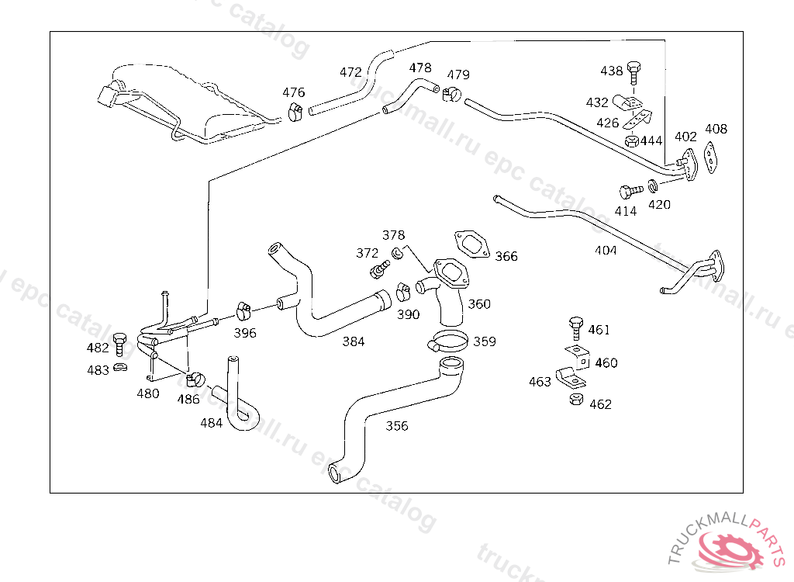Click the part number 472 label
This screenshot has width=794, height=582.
[350, 72]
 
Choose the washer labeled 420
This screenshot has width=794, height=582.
[654, 185]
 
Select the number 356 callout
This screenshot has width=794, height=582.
[397, 426]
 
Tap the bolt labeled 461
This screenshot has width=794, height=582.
[575, 327]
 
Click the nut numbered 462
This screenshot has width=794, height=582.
[575, 400]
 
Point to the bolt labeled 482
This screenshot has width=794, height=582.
[119, 342]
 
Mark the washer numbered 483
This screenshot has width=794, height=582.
[120, 366]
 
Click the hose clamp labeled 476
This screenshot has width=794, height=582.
[294, 112]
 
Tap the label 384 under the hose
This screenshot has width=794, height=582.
[354, 341]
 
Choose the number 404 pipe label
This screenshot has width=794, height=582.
[606, 251]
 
